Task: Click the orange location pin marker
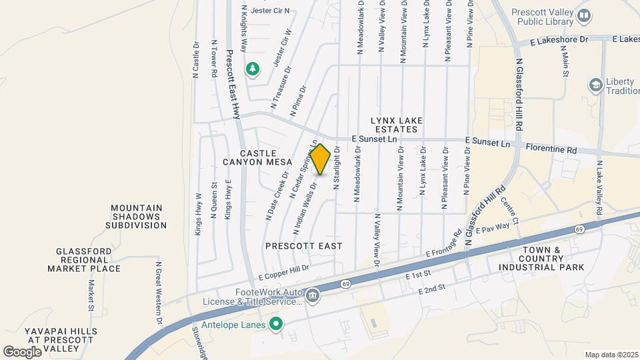(x=321, y=159)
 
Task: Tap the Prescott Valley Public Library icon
(x=584, y=15)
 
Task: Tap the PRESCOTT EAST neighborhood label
(x=304, y=246)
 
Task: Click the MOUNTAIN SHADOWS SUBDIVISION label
(x=136, y=217)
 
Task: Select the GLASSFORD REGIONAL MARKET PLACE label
(x=84, y=259)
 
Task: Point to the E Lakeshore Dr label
(x=559, y=40)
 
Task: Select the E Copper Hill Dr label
(x=285, y=271)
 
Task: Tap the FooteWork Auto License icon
(x=313, y=294)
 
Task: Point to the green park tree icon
(x=252, y=68)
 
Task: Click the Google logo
(x=22, y=351)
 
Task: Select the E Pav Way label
(x=493, y=229)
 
